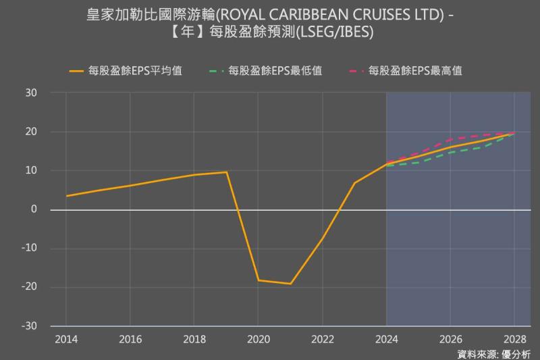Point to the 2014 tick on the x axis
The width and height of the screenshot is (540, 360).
(x=66, y=338)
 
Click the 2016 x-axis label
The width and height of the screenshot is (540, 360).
(x=130, y=338)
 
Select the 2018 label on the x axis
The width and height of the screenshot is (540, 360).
(x=194, y=338)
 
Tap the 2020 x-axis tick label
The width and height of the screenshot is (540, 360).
(x=259, y=338)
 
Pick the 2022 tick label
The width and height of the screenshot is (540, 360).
(x=323, y=338)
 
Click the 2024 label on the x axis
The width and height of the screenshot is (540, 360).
(x=386, y=338)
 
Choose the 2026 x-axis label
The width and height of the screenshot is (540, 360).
(x=450, y=338)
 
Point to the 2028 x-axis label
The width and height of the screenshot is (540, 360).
(x=514, y=338)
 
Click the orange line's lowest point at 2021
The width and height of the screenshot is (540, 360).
(x=290, y=284)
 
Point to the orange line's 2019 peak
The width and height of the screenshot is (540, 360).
(x=226, y=172)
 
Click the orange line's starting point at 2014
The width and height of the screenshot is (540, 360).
(x=66, y=196)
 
